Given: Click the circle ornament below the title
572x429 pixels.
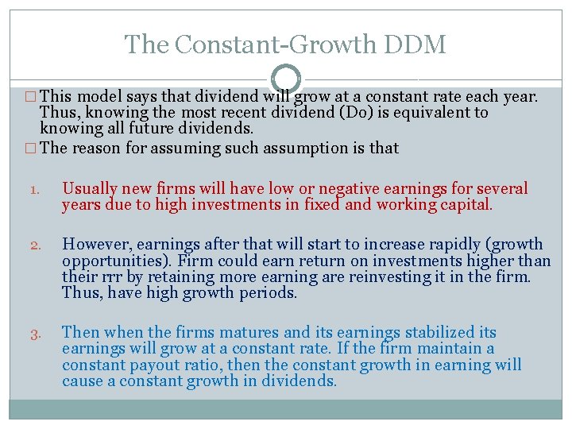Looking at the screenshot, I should pyautogui.click(x=286, y=79).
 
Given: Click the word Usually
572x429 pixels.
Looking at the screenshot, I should pyautogui.click(x=90, y=189).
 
